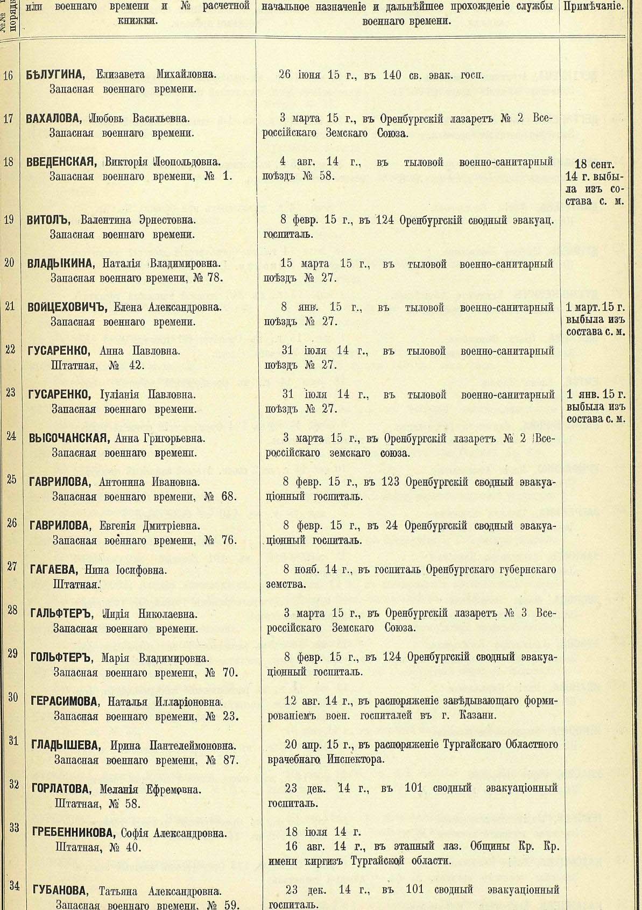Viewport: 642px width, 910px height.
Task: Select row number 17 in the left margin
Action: tap(9, 118)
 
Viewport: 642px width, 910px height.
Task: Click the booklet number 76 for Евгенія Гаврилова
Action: tap(229, 540)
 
